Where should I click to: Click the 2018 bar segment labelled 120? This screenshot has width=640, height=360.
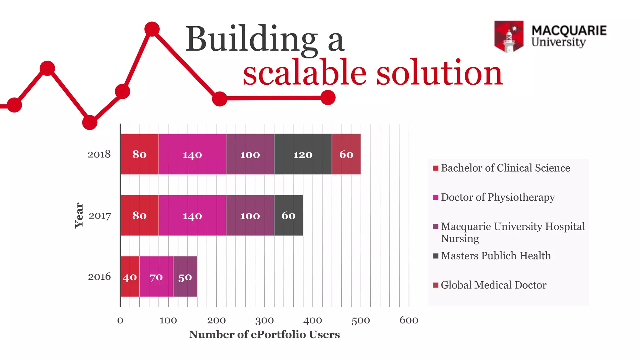303,154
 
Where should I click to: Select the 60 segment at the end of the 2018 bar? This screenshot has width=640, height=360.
346,154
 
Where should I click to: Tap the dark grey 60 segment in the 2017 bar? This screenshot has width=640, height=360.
288,216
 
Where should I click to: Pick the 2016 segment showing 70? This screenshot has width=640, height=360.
156,277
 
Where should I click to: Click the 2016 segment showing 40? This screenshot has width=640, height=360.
130,277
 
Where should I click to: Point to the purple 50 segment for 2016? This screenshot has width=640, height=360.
185,277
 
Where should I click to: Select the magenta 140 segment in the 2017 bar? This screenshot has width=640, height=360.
192,216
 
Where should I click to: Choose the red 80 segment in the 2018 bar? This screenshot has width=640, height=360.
139,154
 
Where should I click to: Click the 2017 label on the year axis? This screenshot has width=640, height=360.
100,216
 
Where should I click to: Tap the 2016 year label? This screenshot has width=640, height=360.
99,277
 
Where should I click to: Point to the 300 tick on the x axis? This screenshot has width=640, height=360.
264,321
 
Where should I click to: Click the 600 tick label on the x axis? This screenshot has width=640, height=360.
409,321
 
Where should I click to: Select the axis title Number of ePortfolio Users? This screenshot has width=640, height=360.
264,335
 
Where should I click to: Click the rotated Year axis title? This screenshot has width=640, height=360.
79,216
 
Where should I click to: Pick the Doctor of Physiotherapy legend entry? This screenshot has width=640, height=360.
497,197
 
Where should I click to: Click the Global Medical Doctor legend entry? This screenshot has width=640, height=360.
493,285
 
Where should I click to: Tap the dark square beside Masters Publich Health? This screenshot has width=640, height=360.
436,256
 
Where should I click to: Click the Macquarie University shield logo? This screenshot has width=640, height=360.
509,36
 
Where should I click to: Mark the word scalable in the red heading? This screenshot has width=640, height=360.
304,73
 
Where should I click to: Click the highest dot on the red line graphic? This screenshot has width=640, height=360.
152,29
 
